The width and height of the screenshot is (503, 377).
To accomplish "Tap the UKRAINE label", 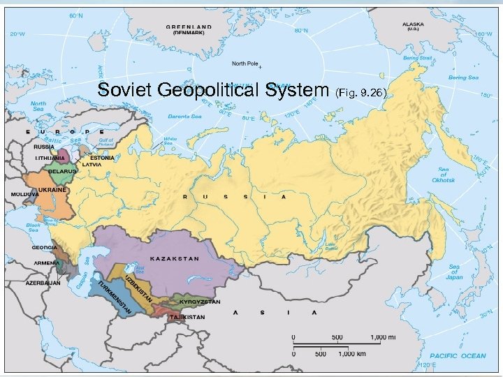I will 53,189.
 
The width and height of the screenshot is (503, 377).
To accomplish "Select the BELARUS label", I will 61,170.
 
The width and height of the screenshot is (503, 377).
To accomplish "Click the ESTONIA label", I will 102,157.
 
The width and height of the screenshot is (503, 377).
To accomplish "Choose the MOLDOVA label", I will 24,193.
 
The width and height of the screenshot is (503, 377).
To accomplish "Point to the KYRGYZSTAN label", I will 200,302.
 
